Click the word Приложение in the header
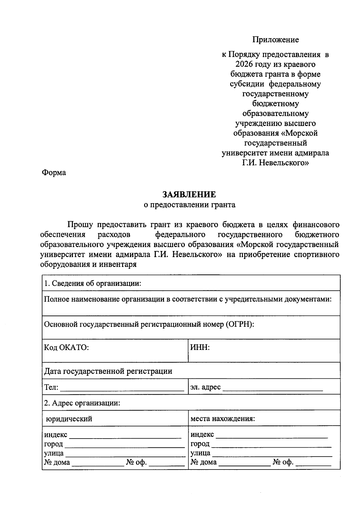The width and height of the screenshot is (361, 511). click(x=275, y=40)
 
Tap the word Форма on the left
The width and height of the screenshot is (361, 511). click(x=54, y=173)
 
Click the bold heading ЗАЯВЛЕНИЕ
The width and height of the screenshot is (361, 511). click(x=189, y=194)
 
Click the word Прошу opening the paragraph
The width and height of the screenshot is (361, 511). click(x=80, y=225)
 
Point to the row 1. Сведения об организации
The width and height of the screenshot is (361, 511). click(x=93, y=283)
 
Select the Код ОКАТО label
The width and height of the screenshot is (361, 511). click(x=66, y=347)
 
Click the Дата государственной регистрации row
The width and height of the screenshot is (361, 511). click(x=108, y=371)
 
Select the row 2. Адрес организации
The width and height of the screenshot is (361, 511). click(x=82, y=403)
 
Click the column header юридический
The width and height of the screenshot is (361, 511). click(x=69, y=419)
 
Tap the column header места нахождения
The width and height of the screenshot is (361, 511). click(x=223, y=419)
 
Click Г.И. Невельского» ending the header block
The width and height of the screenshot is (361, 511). click(x=275, y=163)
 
